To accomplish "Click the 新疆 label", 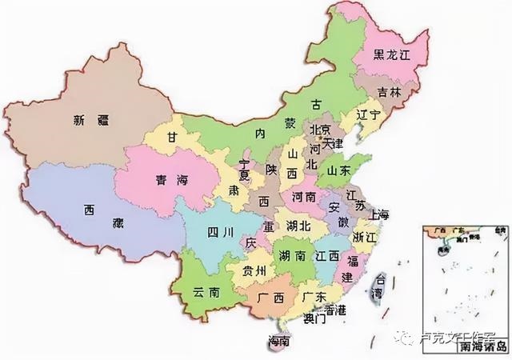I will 91,122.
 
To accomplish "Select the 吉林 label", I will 390,94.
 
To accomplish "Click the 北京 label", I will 320,130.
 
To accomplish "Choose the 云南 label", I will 206,294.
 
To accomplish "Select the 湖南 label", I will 290,257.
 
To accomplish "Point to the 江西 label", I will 328,257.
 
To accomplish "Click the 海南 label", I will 278,342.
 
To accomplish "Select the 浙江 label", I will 364,238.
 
